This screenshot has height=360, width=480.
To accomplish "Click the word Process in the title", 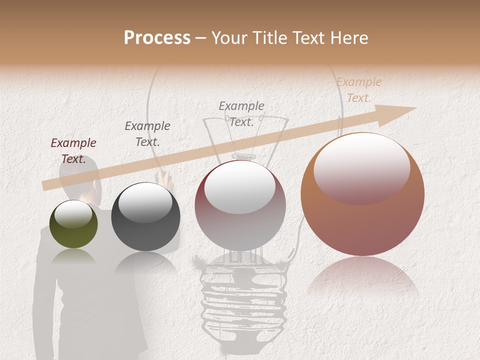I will pos(157,38).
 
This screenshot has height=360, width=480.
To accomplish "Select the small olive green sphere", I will pos(73,224).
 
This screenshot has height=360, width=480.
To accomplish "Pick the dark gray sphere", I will pos(145,217).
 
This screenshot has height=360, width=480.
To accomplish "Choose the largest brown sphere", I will pos(362,195).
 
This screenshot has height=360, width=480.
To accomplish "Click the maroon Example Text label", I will pos(73,151).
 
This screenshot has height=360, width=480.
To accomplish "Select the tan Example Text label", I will pos(358,90).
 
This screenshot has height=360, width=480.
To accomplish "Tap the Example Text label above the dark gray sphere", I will pos(147,133).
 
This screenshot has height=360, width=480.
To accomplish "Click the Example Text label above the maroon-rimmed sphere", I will pos(241,113).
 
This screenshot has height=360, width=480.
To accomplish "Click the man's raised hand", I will pos(163,176).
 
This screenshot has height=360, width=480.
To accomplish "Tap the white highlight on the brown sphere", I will pos(361,167).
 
